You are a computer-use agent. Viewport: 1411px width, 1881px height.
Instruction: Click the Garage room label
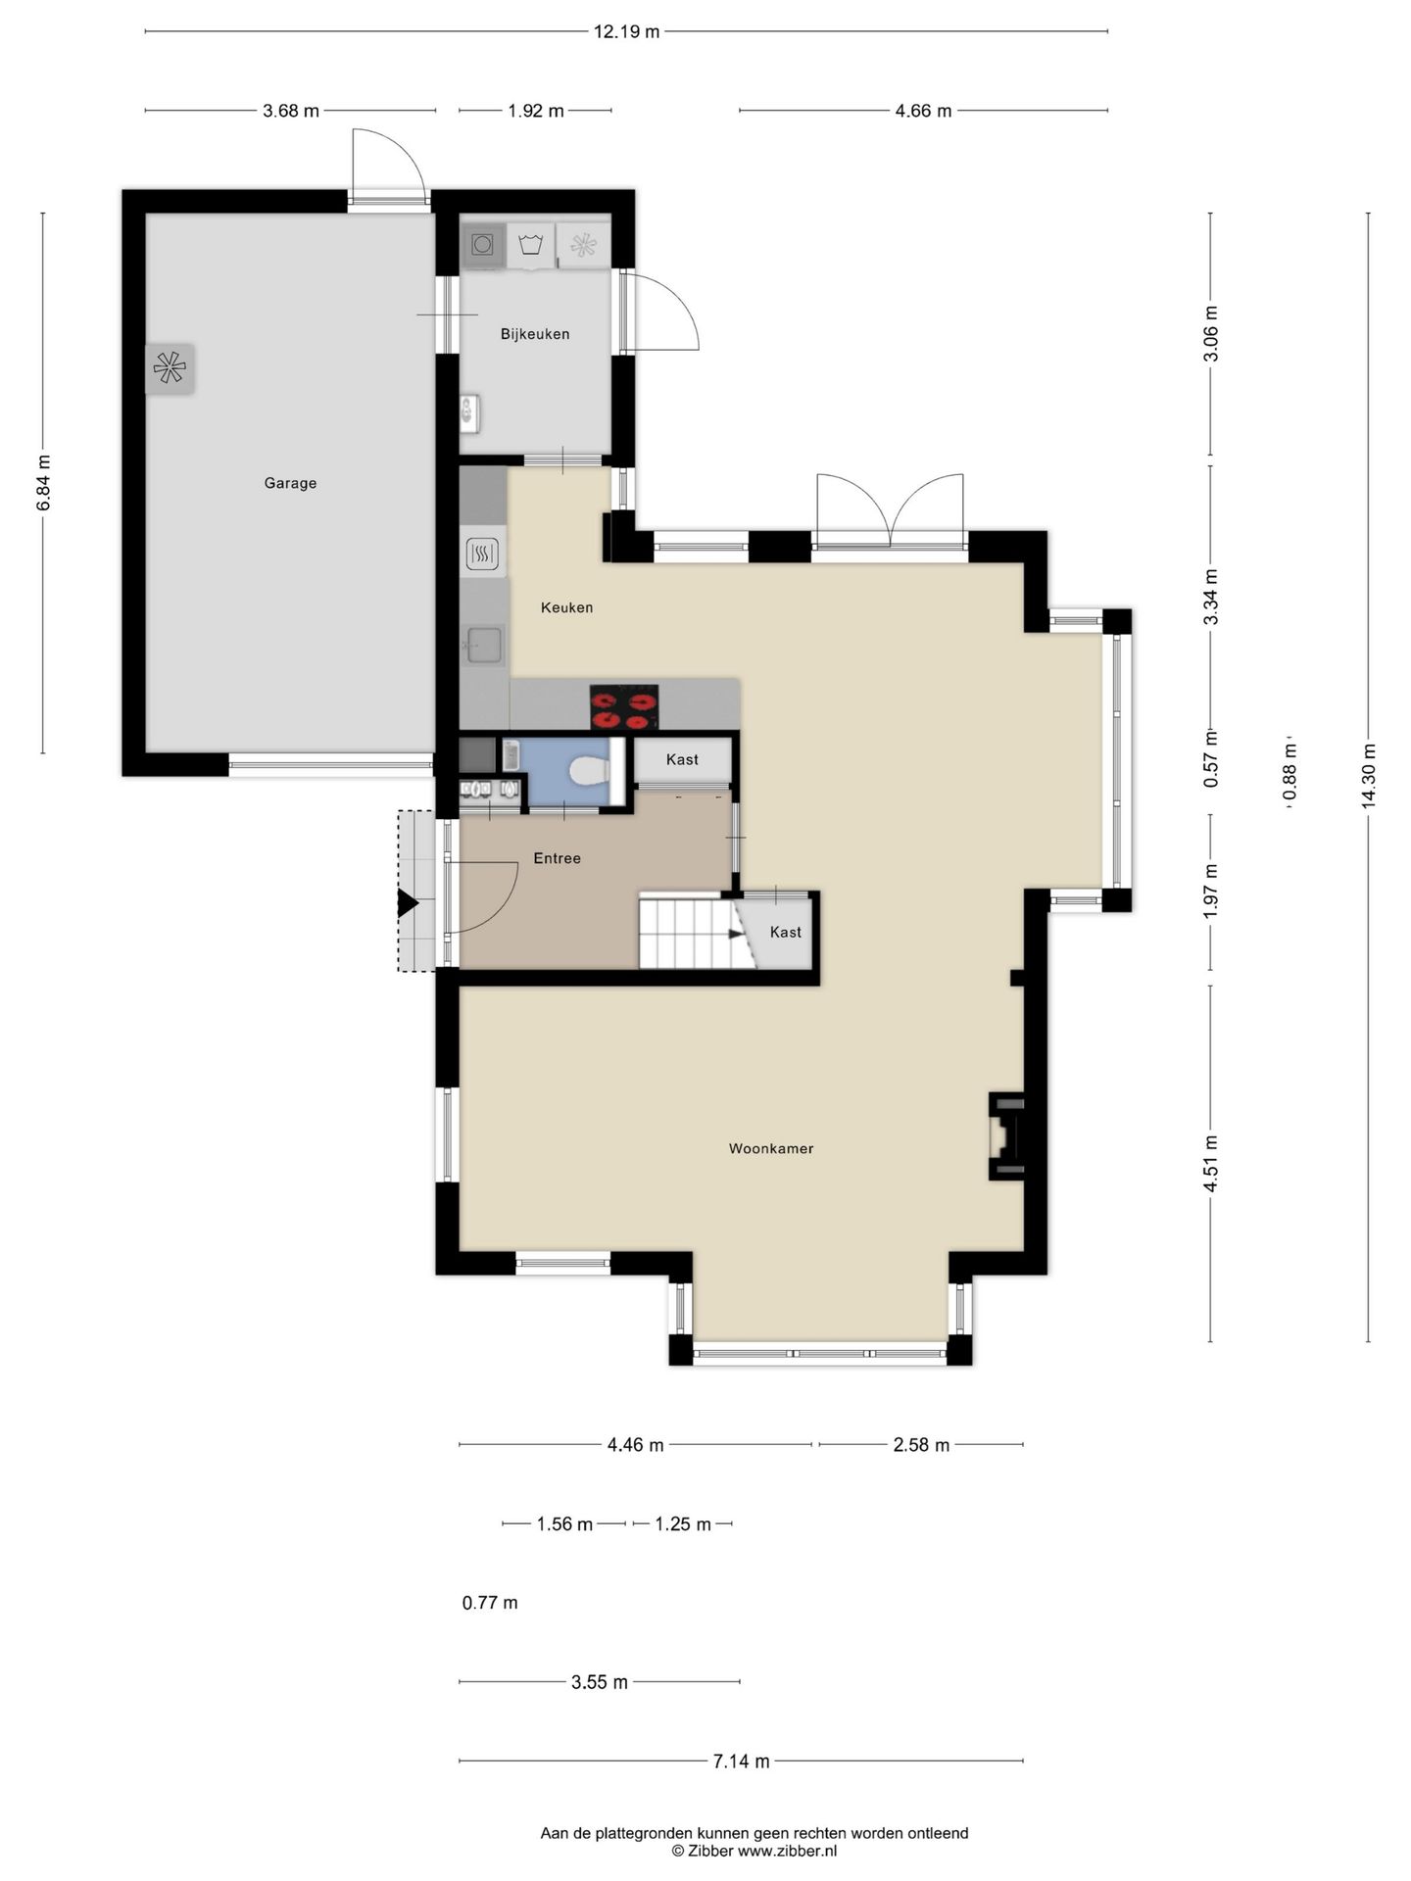pyautogui.click(x=290, y=483)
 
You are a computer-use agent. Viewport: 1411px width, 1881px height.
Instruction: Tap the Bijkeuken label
pyautogui.click(x=535, y=334)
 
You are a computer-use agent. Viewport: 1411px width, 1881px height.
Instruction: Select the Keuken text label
pyautogui.click(x=566, y=607)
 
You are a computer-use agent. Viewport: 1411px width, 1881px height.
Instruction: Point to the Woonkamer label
pyautogui.click(x=771, y=1148)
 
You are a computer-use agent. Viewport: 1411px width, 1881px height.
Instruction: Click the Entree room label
pyautogui.click(x=557, y=858)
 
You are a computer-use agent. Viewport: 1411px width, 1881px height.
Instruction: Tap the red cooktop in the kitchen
pyautogui.click(x=624, y=707)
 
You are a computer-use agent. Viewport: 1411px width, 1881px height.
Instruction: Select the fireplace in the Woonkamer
pyautogui.click(x=1006, y=1136)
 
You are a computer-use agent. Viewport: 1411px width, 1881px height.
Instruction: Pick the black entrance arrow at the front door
pyautogui.click(x=408, y=904)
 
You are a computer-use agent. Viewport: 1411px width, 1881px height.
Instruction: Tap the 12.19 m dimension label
pyautogui.click(x=627, y=31)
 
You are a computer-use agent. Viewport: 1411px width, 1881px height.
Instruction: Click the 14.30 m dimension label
pyautogui.click(x=1369, y=776)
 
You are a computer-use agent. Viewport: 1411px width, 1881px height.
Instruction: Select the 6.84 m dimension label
pyautogui.click(x=43, y=483)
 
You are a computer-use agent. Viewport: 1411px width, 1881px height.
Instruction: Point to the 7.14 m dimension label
pyautogui.click(x=741, y=1761)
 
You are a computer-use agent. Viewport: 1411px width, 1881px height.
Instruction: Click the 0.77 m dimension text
pyautogui.click(x=490, y=1603)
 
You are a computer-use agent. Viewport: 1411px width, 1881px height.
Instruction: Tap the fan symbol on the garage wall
pyautogui.click(x=170, y=368)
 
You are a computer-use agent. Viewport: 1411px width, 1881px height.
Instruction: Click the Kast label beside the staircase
pyautogui.click(x=786, y=932)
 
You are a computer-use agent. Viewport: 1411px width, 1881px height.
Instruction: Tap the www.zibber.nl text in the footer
pyautogui.click(x=787, y=1851)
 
